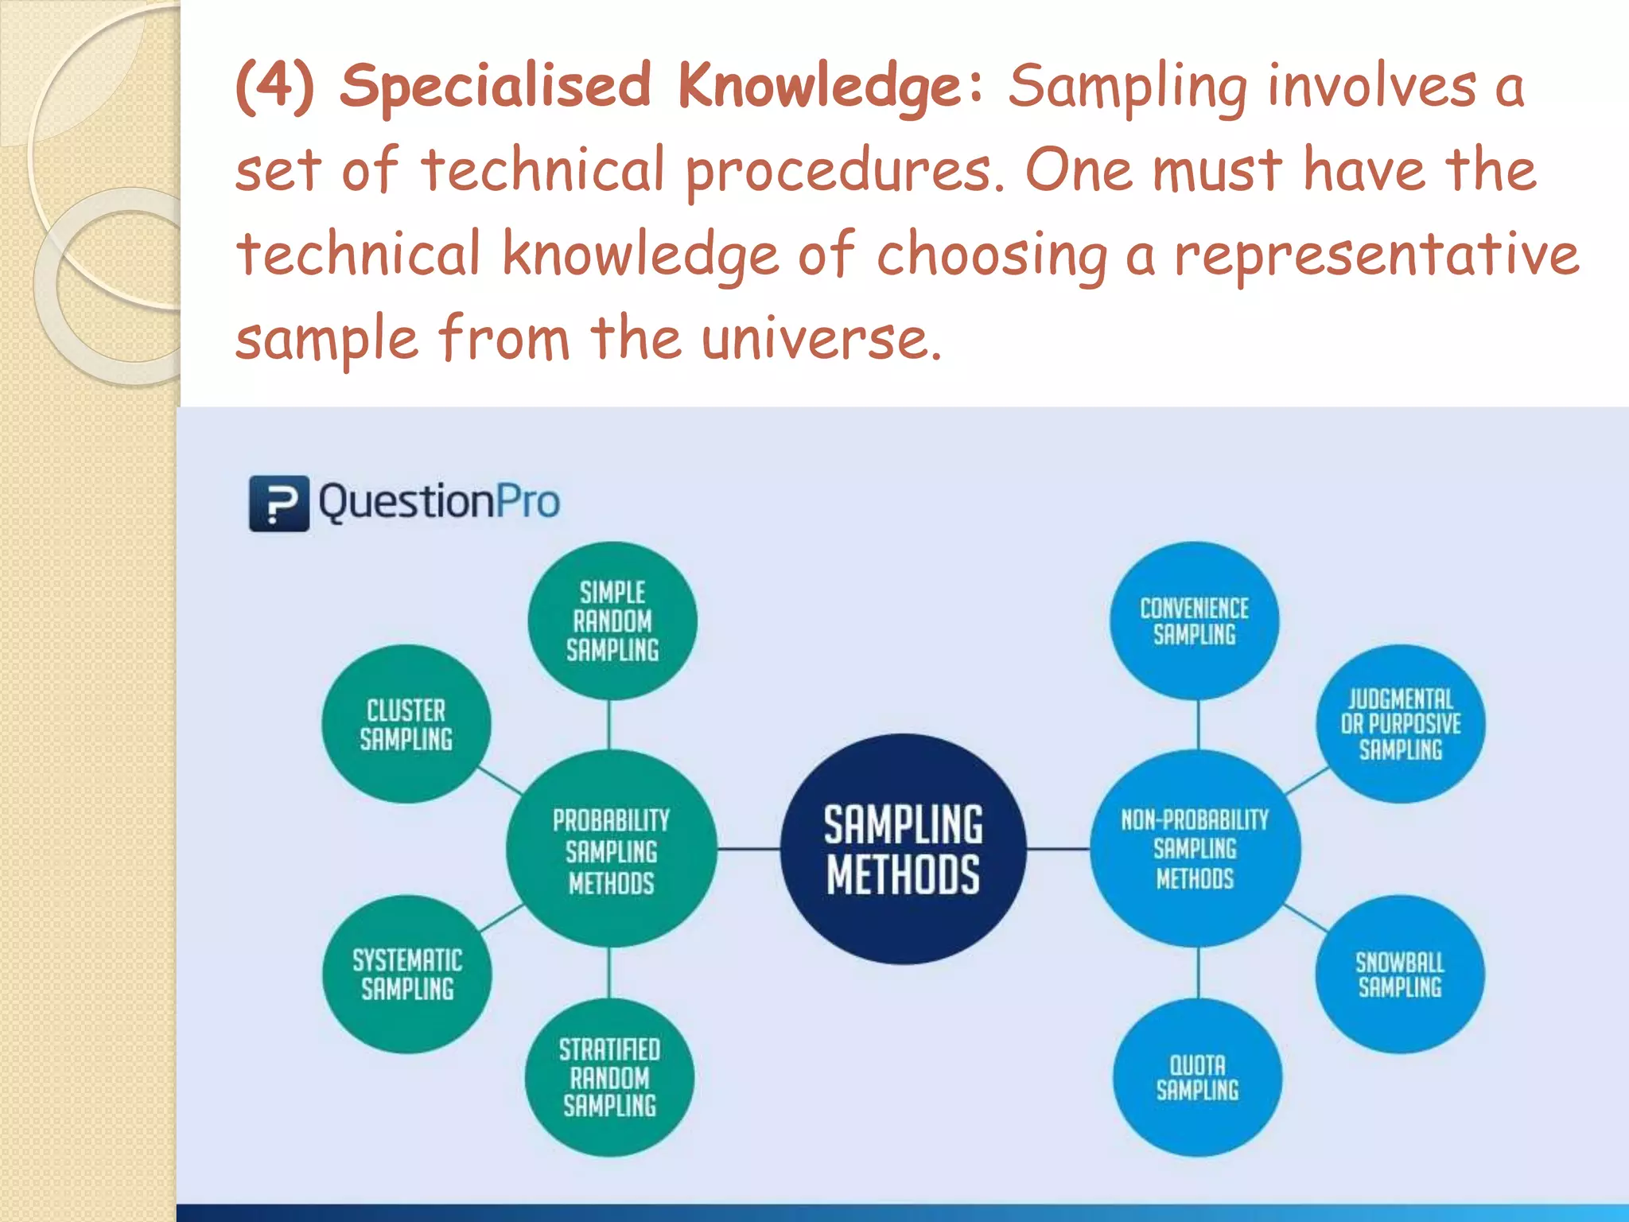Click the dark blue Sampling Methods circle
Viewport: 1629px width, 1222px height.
click(x=903, y=849)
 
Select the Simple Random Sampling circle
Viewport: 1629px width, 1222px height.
click(x=612, y=621)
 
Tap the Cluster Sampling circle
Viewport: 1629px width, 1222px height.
click(x=406, y=724)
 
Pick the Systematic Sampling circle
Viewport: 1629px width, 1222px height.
click(x=406, y=974)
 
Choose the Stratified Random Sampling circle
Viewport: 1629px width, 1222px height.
click(x=609, y=1077)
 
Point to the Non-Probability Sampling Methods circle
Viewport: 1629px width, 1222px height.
click(x=1195, y=849)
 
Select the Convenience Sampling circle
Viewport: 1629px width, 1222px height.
click(x=1194, y=621)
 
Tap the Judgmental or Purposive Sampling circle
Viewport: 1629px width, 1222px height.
click(x=1400, y=724)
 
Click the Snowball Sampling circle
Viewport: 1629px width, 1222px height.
click(x=1399, y=974)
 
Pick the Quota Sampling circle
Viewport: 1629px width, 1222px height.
click(x=1197, y=1077)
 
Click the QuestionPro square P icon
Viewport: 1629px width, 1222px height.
click(x=278, y=503)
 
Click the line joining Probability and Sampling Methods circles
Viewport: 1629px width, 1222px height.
click(x=748, y=849)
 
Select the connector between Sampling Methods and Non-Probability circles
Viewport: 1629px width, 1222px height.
click(x=1058, y=849)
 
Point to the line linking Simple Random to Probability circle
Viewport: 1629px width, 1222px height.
click(x=609, y=725)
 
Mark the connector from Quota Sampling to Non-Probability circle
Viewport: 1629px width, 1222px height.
click(x=1198, y=972)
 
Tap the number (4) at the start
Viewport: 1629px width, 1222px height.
click(x=275, y=86)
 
